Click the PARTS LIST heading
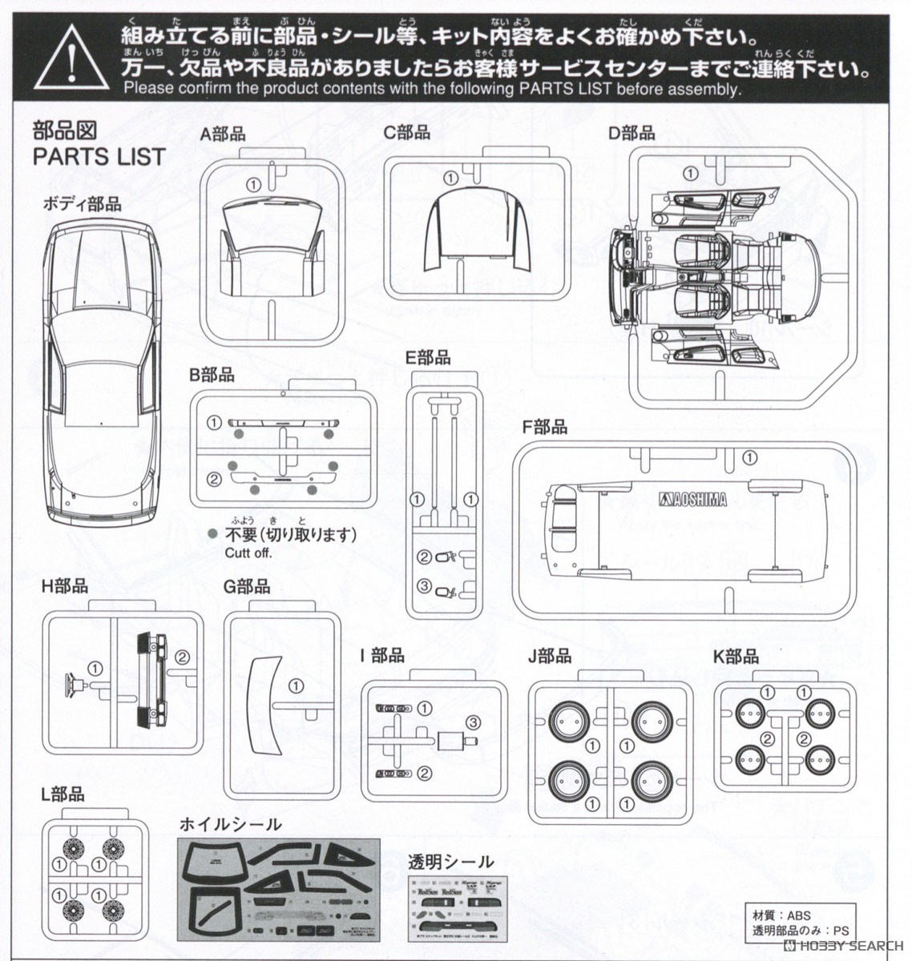[x=99, y=157]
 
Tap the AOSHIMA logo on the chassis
[x=693, y=500]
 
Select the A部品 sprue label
[x=223, y=135]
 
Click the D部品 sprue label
[x=632, y=133]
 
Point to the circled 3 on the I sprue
[x=473, y=722]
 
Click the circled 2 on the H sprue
[x=182, y=657]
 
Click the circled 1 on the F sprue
[x=749, y=458]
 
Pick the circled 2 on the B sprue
[x=213, y=480]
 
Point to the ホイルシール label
[x=230, y=825]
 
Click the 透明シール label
[x=450, y=862]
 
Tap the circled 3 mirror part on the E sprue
[x=425, y=587]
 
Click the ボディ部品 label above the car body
[x=83, y=204]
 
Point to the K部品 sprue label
[x=735, y=657]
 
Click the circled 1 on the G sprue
[x=295, y=686]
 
